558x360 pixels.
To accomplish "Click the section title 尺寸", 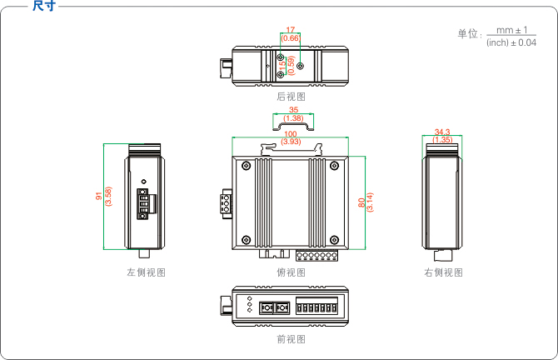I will [x=44, y=6].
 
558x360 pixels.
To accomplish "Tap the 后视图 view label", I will [x=291, y=97].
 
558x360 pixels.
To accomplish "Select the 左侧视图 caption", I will [x=146, y=272].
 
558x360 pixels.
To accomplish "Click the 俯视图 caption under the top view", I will [x=291, y=272].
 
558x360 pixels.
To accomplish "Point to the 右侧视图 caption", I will [x=442, y=272].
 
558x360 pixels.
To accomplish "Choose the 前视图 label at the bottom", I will [x=291, y=339].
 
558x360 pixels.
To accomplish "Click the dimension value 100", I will [x=291, y=133].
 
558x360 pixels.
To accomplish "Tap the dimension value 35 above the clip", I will [x=293, y=110].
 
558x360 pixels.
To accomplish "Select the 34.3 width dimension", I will [x=442, y=132].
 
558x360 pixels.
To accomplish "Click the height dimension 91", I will [x=99, y=197].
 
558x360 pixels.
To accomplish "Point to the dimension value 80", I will [x=361, y=202].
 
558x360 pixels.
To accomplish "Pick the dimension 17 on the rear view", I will [x=291, y=30].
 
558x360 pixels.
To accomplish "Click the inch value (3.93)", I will [x=291, y=142].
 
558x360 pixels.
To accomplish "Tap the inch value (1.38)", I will [x=293, y=118].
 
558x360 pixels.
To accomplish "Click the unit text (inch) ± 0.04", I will [x=511, y=42].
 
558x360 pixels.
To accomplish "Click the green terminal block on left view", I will [x=143, y=204].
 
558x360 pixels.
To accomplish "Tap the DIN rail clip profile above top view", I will [x=293, y=127].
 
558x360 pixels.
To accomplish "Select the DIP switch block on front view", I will [x=318, y=307].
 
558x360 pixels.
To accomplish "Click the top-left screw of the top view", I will [x=246, y=166].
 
